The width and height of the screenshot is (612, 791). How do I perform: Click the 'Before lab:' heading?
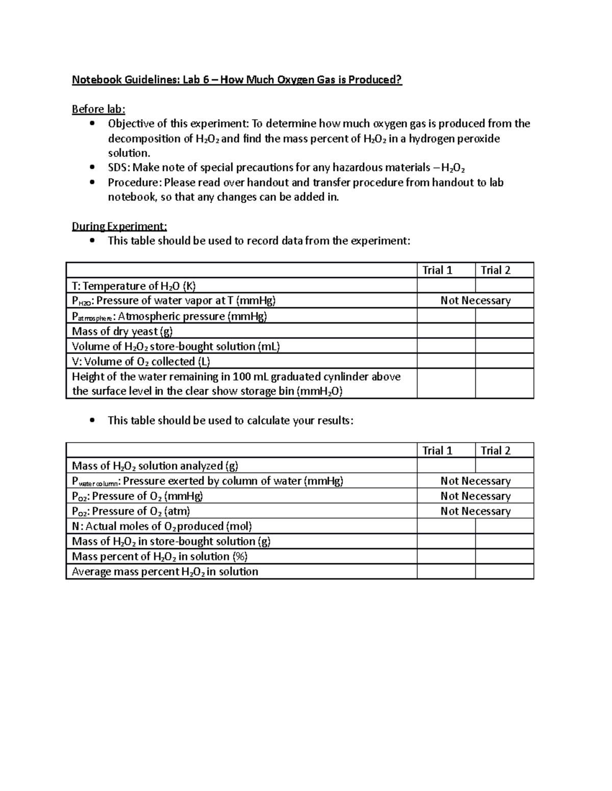[x=98, y=109]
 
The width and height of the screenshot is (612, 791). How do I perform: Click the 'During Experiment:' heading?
[x=119, y=226]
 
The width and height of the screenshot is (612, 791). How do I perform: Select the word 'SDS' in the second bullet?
[x=118, y=168]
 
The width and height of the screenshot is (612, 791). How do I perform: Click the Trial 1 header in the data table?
[x=437, y=270]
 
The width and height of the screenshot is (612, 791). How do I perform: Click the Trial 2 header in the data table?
[x=495, y=270]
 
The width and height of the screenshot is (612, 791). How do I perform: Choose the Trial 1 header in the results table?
[x=437, y=450]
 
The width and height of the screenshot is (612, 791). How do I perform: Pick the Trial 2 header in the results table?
[x=495, y=450]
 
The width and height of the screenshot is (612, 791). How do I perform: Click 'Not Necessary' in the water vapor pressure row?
[x=475, y=301]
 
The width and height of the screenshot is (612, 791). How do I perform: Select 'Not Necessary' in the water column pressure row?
[x=475, y=481]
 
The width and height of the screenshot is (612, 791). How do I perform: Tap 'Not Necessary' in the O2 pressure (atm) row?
[x=475, y=511]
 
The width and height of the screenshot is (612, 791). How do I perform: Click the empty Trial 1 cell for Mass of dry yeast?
[x=446, y=331]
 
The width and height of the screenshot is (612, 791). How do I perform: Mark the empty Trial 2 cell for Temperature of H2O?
[x=504, y=286]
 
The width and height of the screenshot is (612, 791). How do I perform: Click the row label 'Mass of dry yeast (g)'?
[x=122, y=331]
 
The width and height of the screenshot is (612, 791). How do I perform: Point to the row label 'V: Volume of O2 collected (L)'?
[x=141, y=361]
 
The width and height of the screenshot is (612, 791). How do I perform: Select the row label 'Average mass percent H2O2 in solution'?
[x=165, y=571]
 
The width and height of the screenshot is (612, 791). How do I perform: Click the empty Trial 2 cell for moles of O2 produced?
[x=504, y=526]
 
